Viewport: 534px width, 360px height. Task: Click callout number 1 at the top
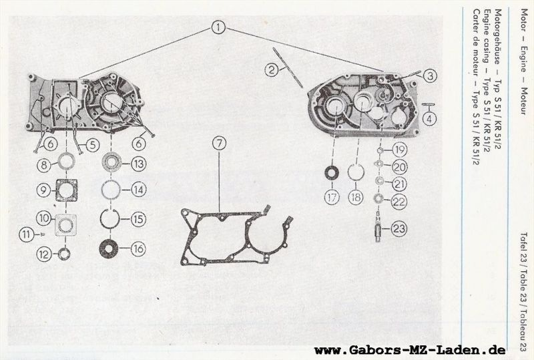pos(218,27)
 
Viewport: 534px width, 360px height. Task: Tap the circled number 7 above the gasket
pos(220,143)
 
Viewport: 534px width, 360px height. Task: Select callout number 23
pos(398,228)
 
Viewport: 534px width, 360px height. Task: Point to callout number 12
pos(44,254)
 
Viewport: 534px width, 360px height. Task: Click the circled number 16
pos(138,249)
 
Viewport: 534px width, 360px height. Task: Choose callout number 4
pos(429,119)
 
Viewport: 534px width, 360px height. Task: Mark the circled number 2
pos(272,70)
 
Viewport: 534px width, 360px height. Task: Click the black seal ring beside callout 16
pos(109,248)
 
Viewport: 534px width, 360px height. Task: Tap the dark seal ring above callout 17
pos(332,172)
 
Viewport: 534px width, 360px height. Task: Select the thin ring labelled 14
pos(110,182)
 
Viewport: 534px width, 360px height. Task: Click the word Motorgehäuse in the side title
pos(497,37)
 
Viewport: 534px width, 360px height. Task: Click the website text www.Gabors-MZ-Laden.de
pos(410,350)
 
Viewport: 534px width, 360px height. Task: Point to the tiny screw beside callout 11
pos(43,234)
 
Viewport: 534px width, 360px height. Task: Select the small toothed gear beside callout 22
pos(378,198)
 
